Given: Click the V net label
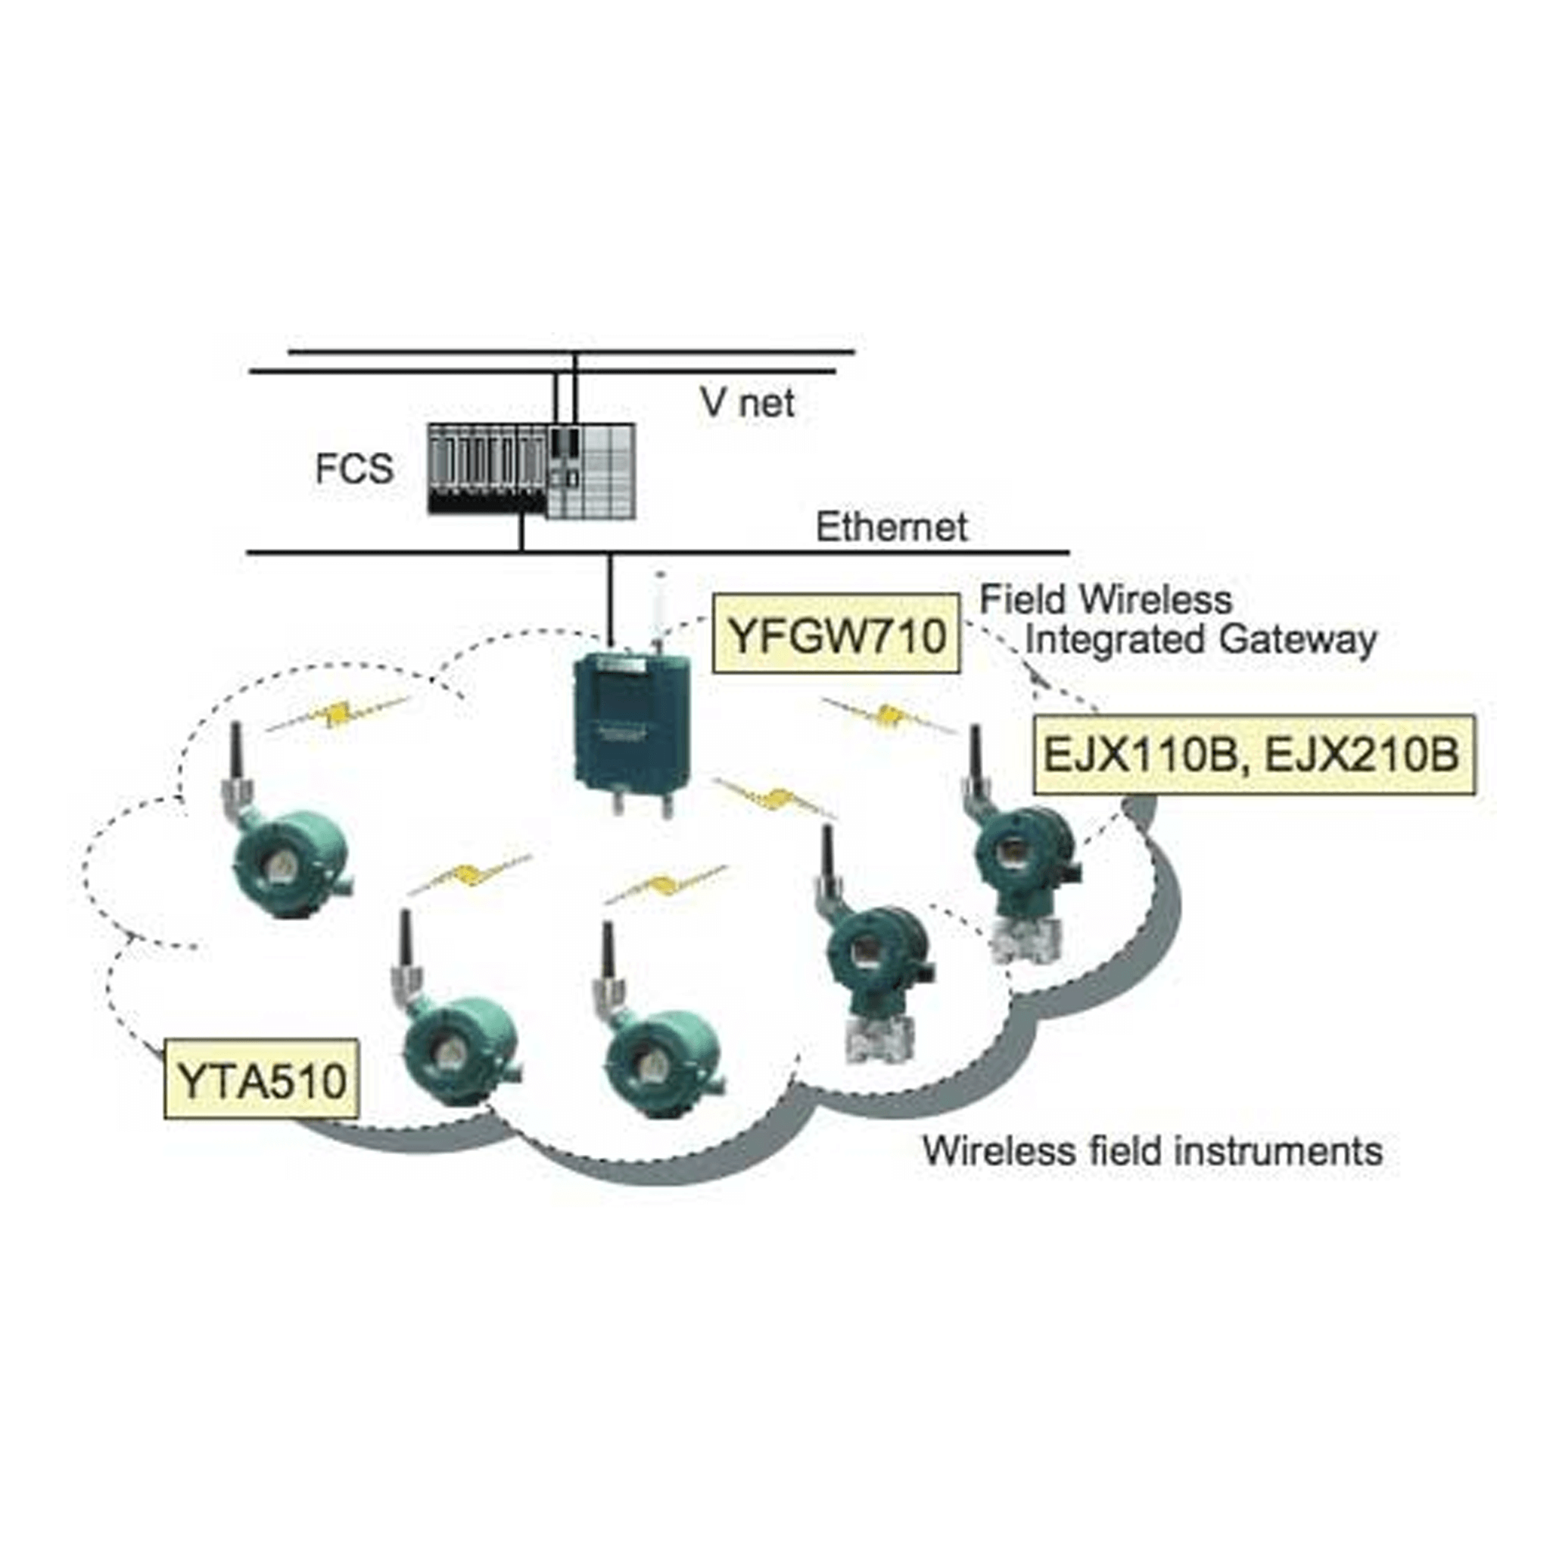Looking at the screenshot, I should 747,403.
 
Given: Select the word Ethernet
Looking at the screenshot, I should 892,527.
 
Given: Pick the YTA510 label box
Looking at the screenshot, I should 262,1080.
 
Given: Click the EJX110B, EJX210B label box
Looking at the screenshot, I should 1253,754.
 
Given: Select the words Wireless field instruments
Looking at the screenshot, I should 1152,1150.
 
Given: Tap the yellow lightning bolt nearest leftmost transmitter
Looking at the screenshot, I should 338,713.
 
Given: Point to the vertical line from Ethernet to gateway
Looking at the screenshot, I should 610,598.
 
